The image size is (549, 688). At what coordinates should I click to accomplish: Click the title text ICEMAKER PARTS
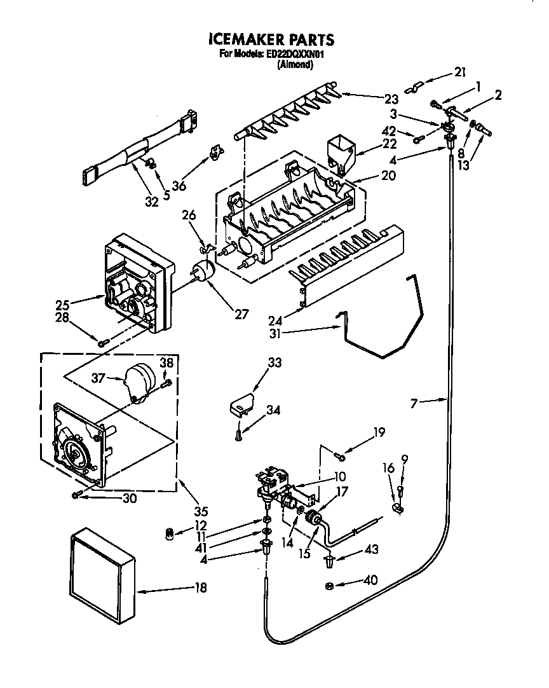[x=271, y=39]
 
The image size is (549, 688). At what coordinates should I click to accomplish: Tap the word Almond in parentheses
[x=296, y=64]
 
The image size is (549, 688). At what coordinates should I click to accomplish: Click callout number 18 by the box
[x=200, y=588]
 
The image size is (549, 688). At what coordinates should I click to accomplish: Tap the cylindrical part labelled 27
[x=203, y=271]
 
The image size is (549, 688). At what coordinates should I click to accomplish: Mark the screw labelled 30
[x=78, y=495]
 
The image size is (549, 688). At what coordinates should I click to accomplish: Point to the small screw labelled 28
[x=104, y=343]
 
